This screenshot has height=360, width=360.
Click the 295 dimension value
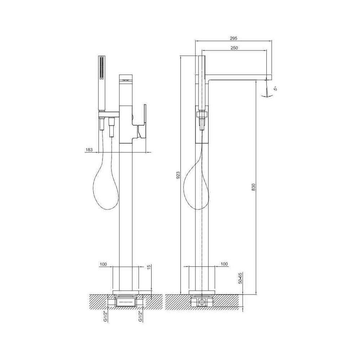pyautogui.click(x=233, y=38)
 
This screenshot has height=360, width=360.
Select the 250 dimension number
pyautogui.click(x=234, y=48)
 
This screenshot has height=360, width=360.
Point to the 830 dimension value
pyautogui.click(x=253, y=187)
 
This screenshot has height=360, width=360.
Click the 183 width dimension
pyautogui.click(x=89, y=150)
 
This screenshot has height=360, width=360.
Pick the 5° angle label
pyautogui.click(x=276, y=88)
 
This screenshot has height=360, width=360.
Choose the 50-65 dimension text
pyautogui.click(x=240, y=278)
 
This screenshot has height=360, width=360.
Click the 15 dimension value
pyautogui.click(x=149, y=267)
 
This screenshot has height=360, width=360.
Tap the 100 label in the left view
pyautogui.click(x=103, y=264)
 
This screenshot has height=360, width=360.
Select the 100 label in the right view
pyautogui.click(x=224, y=264)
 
